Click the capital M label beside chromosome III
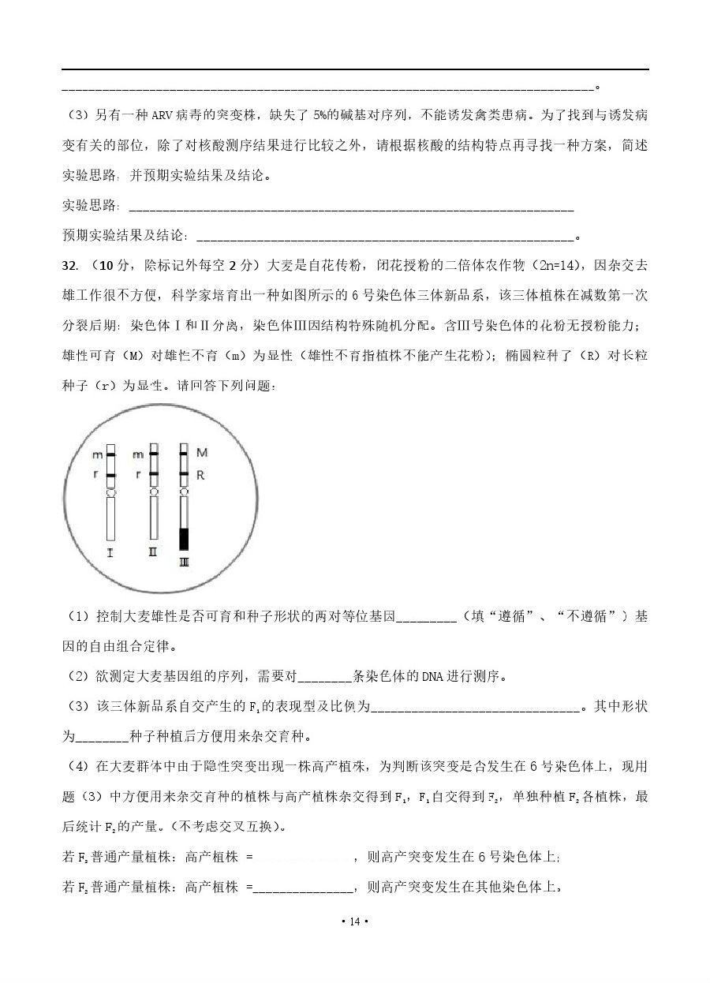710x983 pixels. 202,453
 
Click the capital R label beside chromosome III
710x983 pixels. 201,476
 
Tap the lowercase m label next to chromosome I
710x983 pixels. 97,455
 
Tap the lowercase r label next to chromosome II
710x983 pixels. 138,475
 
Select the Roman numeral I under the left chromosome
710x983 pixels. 110,553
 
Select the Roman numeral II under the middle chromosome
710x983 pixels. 153,552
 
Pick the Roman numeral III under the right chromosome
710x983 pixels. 184,562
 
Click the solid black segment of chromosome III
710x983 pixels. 185,539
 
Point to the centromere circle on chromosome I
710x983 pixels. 110,492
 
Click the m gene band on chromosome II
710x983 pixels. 154,454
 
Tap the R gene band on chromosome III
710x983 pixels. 184,475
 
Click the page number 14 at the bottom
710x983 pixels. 354,921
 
